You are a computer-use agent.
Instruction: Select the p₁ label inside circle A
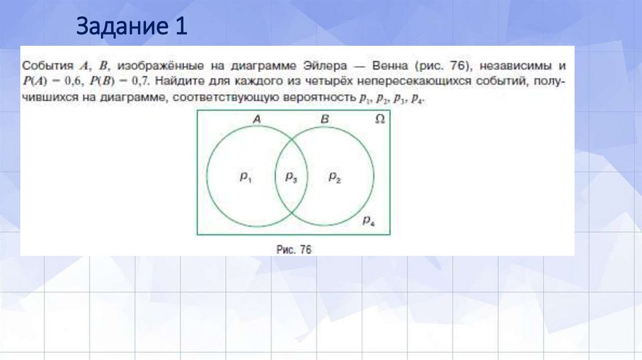pyautogui.click(x=245, y=178)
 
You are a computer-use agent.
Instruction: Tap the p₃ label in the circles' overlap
pyautogui.click(x=291, y=178)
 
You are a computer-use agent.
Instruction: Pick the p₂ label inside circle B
pyautogui.click(x=335, y=178)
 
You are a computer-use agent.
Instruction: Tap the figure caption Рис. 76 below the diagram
pyautogui.click(x=294, y=249)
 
